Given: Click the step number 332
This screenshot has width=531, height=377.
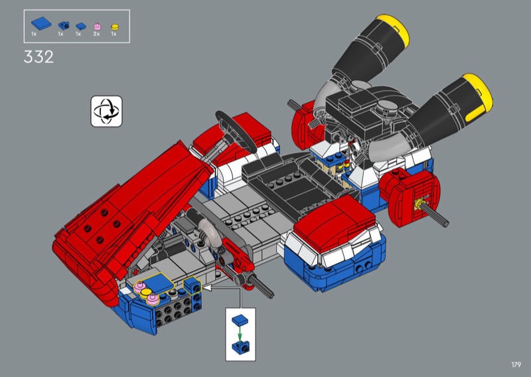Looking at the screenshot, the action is (38, 56).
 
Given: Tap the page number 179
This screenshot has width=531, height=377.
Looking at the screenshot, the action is (516, 364).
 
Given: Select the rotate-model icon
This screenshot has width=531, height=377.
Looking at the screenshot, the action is (106, 111).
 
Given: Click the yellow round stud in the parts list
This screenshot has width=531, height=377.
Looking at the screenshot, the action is (115, 27).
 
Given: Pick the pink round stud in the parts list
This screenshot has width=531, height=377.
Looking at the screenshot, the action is (97, 27).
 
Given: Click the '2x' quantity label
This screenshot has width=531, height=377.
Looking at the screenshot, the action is (96, 34).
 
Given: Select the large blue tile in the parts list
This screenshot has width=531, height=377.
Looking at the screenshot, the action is (41, 23).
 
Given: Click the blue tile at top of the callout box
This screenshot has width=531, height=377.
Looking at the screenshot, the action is (240, 319).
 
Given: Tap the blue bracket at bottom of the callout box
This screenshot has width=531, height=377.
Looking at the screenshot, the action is (240, 347).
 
